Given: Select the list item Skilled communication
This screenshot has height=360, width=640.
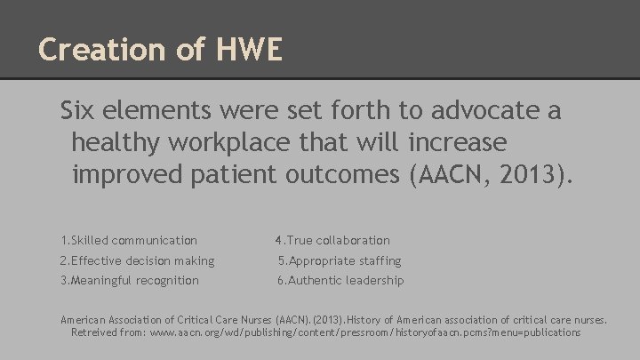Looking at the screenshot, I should [129, 240].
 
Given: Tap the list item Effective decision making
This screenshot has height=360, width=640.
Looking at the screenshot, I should [137, 260].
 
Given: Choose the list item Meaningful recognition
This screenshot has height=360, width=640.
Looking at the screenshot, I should [130, 280].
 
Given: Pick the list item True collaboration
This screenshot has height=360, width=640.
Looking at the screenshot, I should [332, 240].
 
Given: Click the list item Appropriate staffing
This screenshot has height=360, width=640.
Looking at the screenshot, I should [339, 260].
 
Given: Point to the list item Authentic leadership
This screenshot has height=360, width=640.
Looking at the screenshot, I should [340, 280].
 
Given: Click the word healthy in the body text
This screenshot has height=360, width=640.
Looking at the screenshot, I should [113, 141].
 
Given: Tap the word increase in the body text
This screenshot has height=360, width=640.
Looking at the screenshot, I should [462, 141].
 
